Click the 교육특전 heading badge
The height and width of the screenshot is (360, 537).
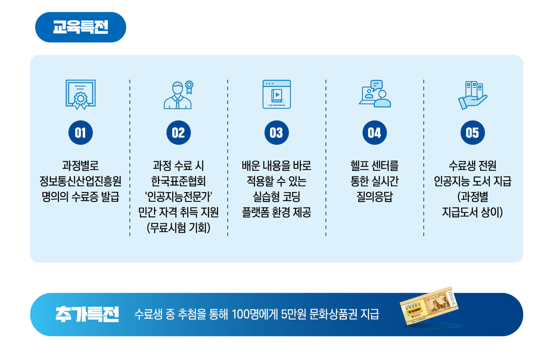tap(81, 27)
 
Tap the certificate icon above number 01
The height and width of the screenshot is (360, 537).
tap(81, 94)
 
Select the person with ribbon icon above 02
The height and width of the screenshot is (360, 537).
tap(178, 95)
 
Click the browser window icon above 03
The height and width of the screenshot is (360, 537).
tap(277, 94)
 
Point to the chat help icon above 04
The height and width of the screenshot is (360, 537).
tap(374, 94)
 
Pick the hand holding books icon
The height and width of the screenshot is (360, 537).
tap(473, 95)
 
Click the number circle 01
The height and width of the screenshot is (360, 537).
tap(81, 133)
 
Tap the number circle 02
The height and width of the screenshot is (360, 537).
tap(178, 133)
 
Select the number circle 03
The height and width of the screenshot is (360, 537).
tap(277, 133)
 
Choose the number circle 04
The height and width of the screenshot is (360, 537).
tap(374, 133)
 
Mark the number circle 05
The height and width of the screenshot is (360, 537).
tap(473, 133)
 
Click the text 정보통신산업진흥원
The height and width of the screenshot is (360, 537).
tap(81, 181)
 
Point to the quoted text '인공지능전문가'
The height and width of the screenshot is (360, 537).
tap(178, 197)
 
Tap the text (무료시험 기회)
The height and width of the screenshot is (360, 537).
tap(178, 228)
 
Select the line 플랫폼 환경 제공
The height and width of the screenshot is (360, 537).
tap(277, 212)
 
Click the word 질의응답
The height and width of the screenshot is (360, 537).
tap(374, 197)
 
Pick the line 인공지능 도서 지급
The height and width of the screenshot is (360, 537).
tap(473, 181)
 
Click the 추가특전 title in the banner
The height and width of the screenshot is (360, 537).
tap(87, 314)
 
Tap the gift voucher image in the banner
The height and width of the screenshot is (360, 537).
tap(429, 306)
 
